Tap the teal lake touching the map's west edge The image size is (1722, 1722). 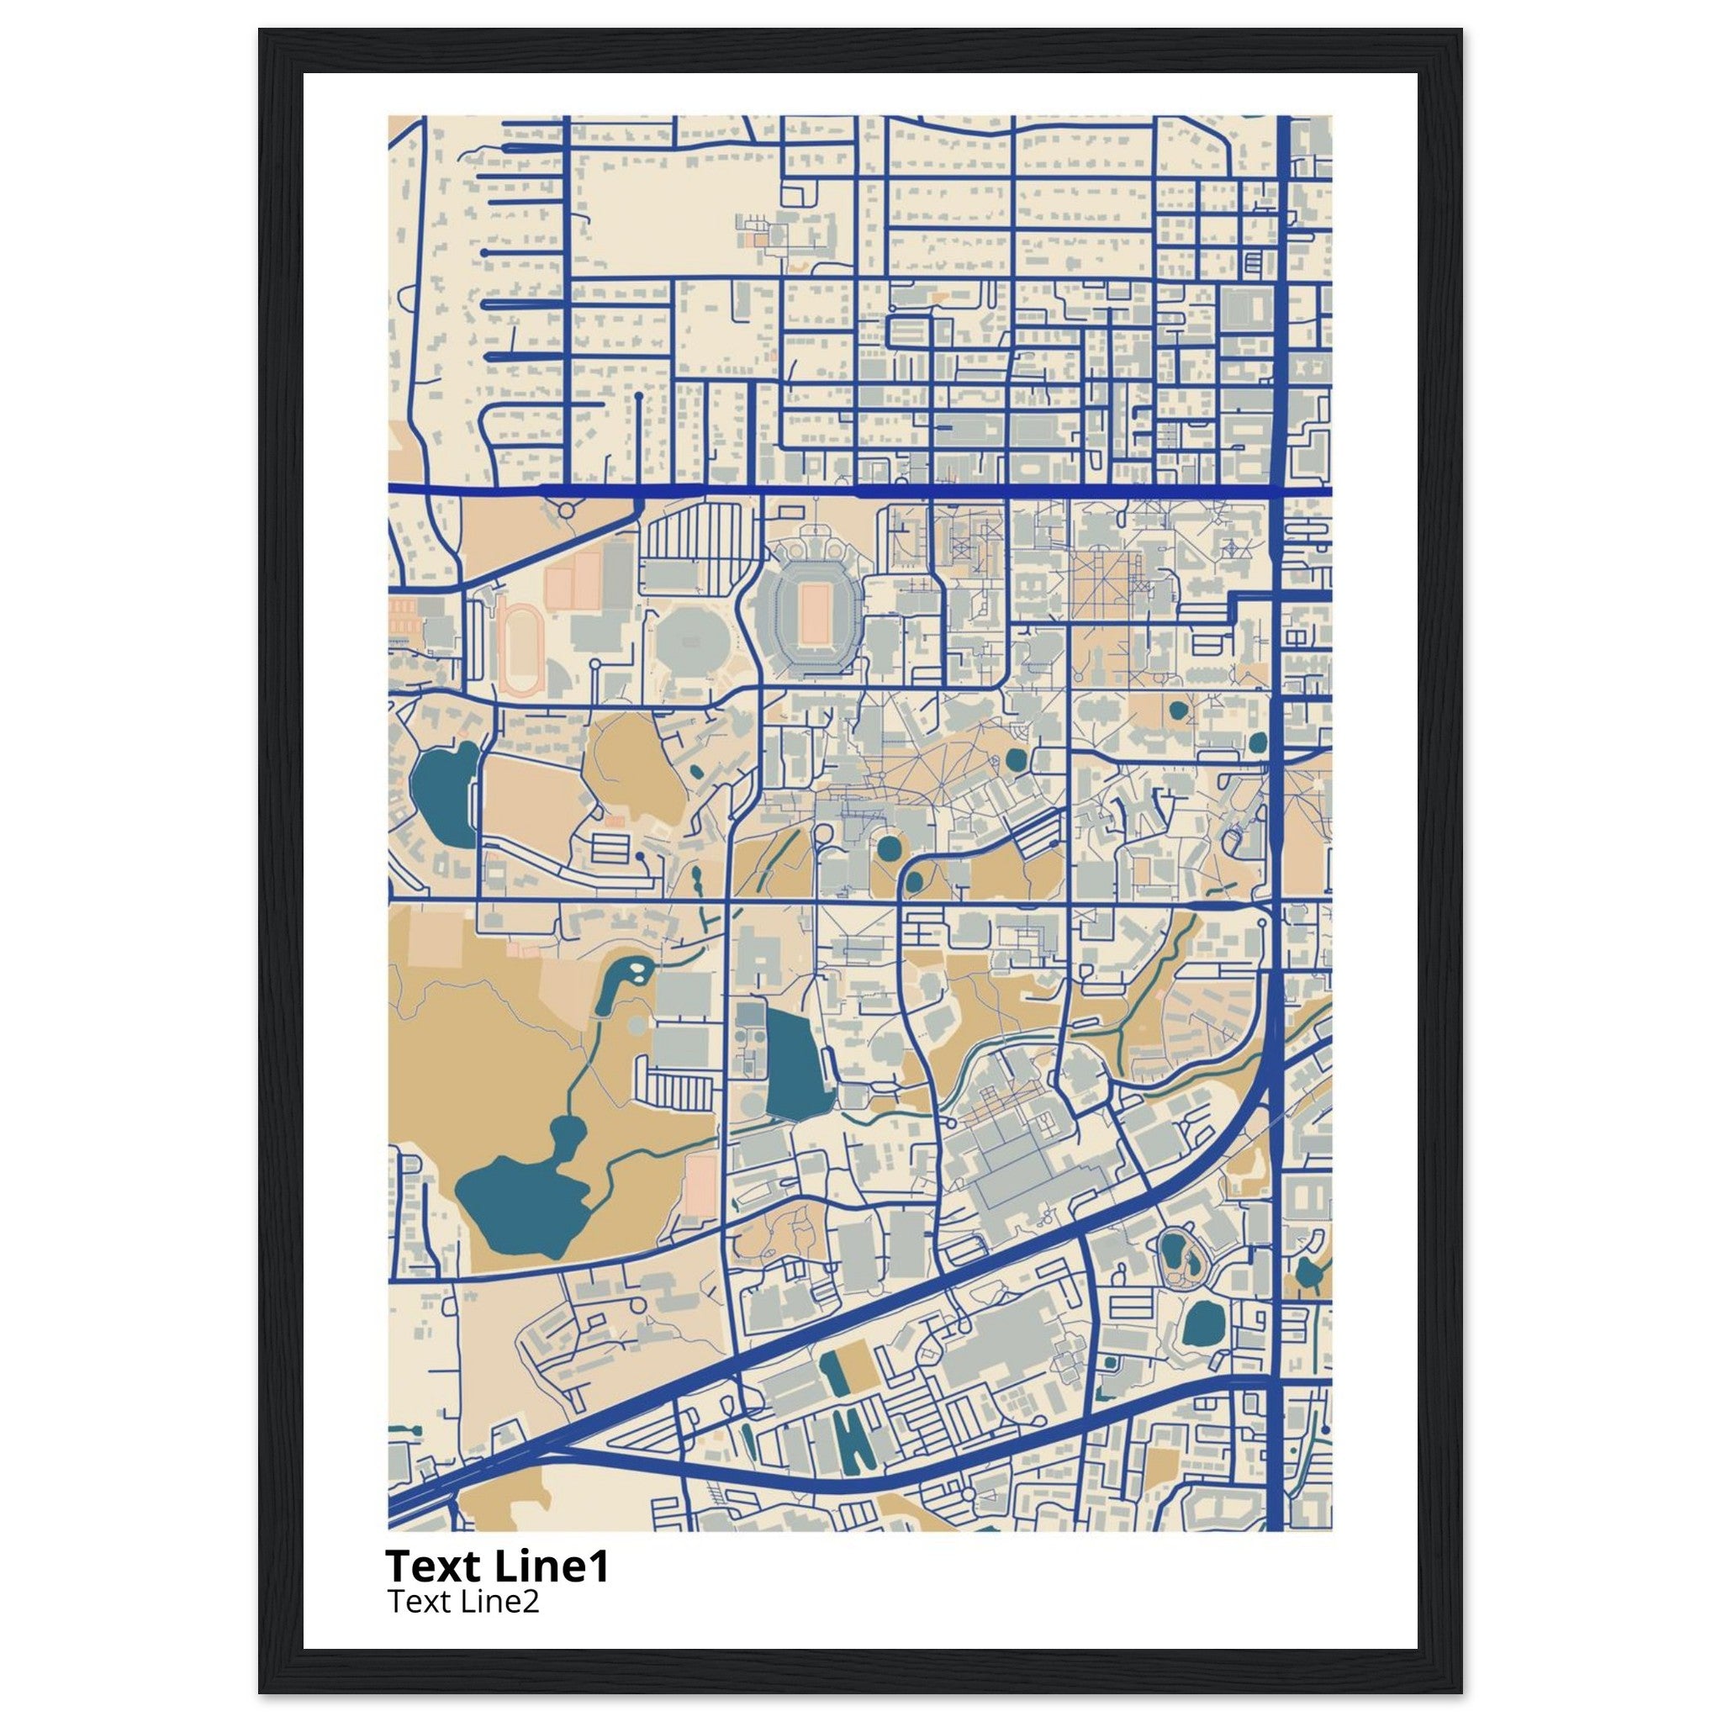click(443, 792)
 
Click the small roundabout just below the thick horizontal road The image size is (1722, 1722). click(565, 510)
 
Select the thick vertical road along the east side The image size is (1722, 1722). click(1278, 891)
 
